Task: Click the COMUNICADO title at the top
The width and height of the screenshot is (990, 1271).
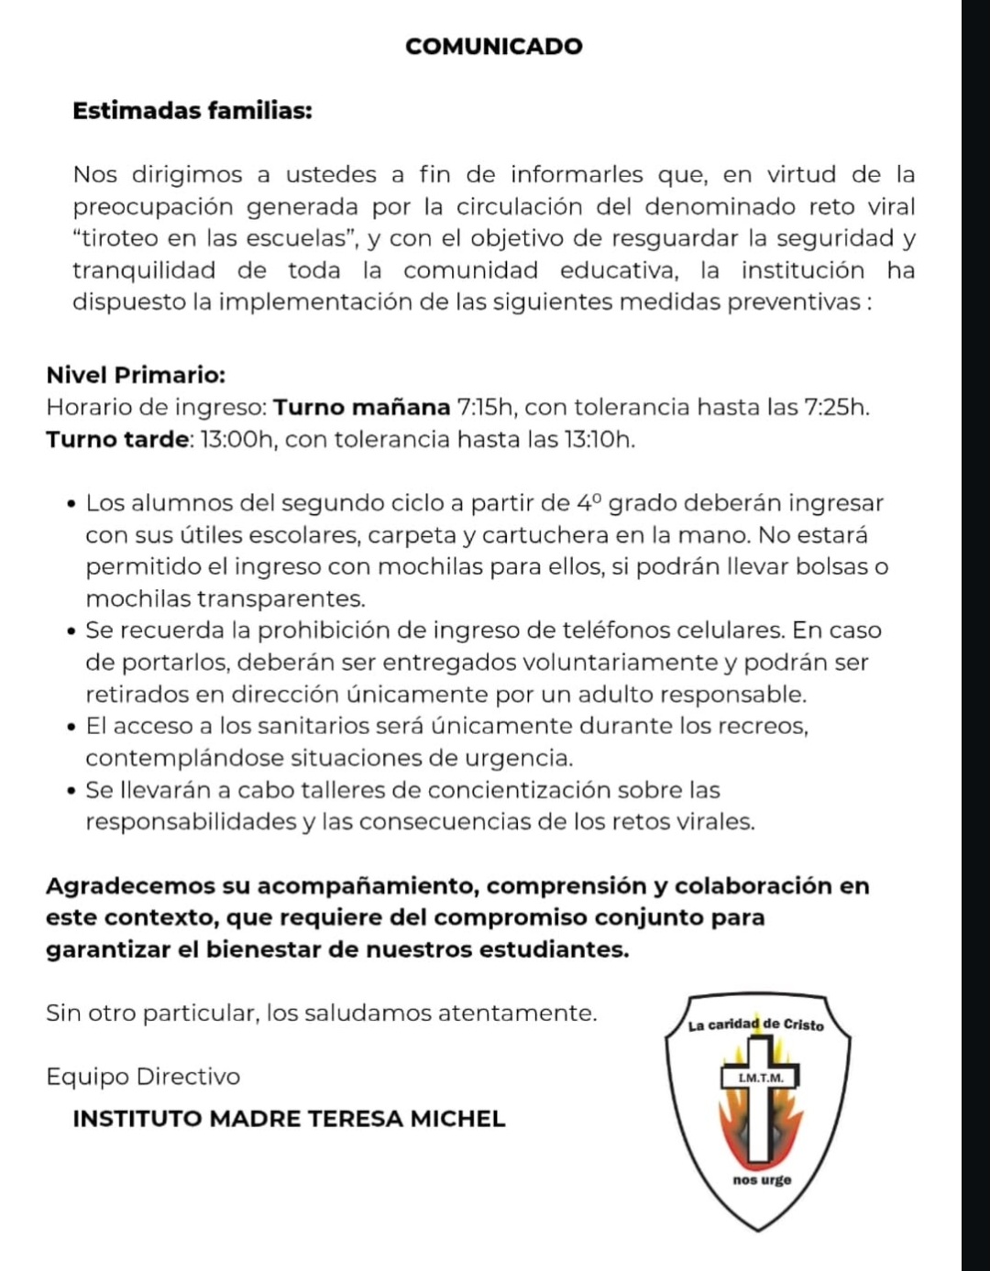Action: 493,47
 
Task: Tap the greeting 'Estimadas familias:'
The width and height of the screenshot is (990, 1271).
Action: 192,111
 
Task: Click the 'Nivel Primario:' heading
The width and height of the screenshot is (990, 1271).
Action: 136,375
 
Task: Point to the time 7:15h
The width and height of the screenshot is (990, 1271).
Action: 486,407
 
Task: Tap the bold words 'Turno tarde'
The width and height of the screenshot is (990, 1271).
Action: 116,439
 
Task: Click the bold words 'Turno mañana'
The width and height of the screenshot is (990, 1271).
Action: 362,407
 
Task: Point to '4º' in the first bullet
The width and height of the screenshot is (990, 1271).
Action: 588,503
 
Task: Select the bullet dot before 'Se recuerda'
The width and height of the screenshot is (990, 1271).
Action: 71,631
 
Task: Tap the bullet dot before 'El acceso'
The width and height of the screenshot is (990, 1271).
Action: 71,727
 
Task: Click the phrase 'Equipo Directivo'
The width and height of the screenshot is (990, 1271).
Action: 143,1077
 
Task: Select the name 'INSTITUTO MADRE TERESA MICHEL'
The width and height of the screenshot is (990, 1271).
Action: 289,1119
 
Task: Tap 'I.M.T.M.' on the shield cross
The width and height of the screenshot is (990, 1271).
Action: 761,1079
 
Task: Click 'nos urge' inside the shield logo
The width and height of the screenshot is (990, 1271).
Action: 762,1180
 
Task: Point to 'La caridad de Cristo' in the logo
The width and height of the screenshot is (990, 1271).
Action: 756,1024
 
